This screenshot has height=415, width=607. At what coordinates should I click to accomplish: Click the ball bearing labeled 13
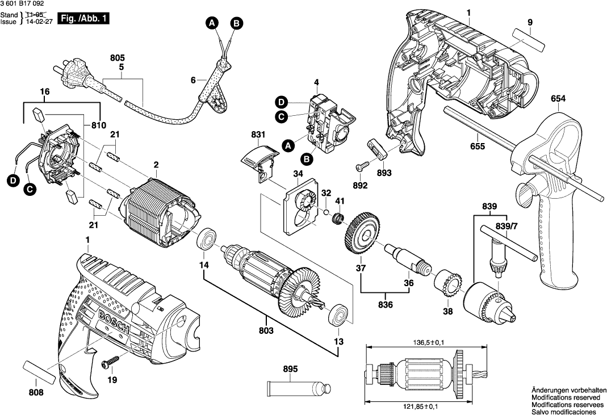[x=339, y=315]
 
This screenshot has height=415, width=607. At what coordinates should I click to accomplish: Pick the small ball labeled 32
[x=326, y=212]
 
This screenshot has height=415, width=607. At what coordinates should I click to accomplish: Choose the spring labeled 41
[x=337, y=219]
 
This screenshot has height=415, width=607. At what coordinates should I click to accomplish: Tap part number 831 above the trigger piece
[x=258, y=135]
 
